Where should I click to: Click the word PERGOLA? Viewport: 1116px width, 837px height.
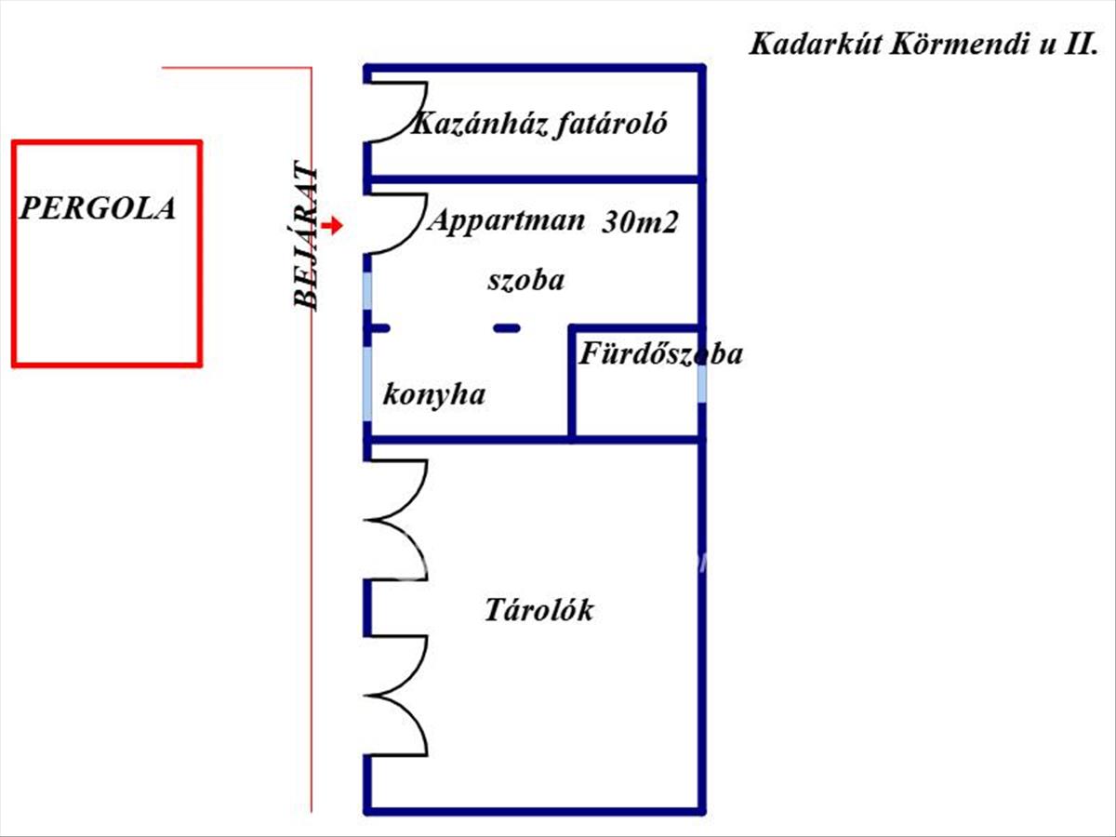coord(98,207)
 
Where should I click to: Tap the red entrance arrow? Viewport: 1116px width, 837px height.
coord(333,225)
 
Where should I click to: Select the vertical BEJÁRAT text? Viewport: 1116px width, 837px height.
coord(305,235)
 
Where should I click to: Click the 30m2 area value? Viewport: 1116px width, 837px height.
coord(640,222)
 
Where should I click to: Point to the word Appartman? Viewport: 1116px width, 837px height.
coord(506,221)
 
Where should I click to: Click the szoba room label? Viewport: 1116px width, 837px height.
coord(525,281)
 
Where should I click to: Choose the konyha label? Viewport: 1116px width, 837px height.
coord(433,395)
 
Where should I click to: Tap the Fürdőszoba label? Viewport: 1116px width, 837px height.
coord(660,353)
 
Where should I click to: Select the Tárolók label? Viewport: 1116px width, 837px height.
coord(538,610)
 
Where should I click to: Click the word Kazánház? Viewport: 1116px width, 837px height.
coord(481,124)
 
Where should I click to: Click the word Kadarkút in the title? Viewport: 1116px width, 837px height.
coord(815,45)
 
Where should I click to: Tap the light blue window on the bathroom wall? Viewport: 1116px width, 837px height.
coord(701,382)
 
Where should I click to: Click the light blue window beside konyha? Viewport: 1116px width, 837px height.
coord(367,384)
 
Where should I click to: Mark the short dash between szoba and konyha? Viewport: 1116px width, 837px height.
coord(507,329)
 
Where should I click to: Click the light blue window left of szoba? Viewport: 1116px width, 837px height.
coord(367,291)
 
